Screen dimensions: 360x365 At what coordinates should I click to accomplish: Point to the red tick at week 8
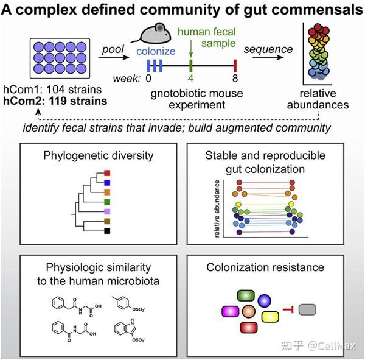pos(235,63)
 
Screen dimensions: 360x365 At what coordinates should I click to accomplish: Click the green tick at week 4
pos(191,63)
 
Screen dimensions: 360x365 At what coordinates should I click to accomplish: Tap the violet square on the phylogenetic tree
pos(106,213)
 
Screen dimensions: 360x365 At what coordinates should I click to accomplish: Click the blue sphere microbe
pos(265,300)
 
